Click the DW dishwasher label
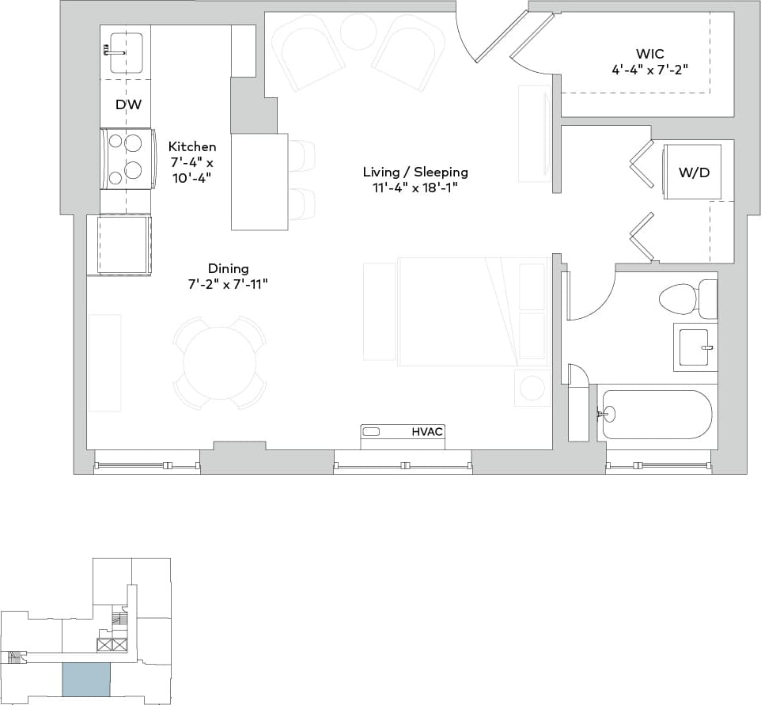tap(128, 104)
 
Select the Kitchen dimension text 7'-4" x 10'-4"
tap(192, 167)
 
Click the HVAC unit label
tap(427, 432)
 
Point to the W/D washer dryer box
tap(693, 172)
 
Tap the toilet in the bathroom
tap(679, 299)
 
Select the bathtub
tap(655, 414)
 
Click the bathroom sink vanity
tap(694, 346)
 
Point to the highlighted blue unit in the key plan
tap(86, 679)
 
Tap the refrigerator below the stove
tap(123, 244)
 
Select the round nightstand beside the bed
tap(532, 388)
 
